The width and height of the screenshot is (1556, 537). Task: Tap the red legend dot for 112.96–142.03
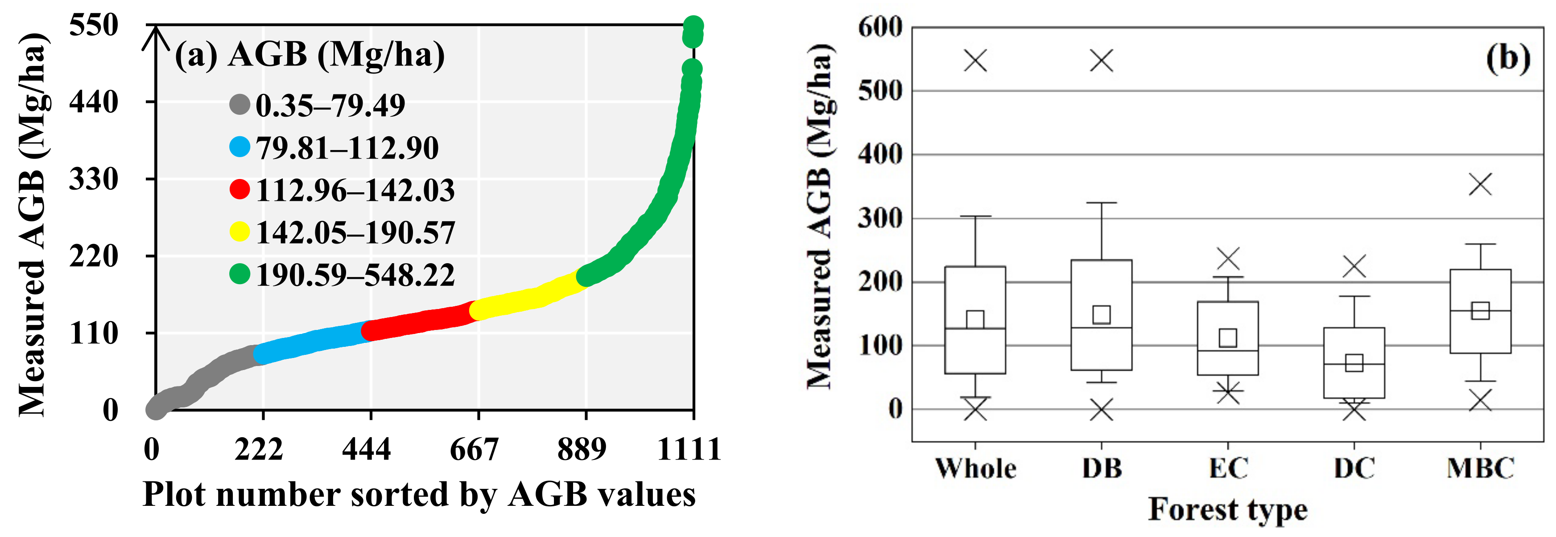(240, 189)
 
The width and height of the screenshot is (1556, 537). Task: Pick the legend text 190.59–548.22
(355, 275)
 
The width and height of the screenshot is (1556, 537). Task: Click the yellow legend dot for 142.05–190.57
(240, 232)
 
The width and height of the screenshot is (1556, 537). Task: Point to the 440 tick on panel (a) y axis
(94, 102)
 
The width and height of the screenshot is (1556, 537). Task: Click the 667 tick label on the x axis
(474, 450)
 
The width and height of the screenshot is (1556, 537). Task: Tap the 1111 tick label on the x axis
(689, 450)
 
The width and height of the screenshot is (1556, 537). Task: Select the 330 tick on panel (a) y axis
(94, 179)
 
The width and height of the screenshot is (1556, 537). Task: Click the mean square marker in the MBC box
(1480, 311)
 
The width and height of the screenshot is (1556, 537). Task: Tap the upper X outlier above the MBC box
(1480, 184)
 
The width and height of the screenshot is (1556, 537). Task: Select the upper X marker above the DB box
(1101, 61)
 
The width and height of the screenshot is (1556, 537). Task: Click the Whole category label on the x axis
(975, 468)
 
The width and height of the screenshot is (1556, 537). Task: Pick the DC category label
(1354, 468)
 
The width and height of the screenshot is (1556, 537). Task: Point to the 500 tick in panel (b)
(879, 91)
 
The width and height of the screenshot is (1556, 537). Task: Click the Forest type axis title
(1227, 509)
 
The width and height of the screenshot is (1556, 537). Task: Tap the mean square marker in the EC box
(1227, 337)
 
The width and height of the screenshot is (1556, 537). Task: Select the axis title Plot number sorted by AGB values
(419, 495)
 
